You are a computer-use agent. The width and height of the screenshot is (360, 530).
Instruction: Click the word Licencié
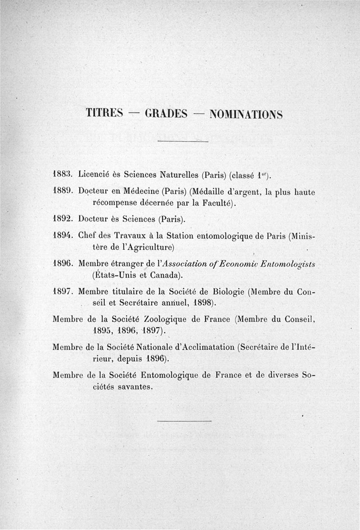(x=95, y=173)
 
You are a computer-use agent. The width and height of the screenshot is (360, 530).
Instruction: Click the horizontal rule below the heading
(x=184, y=142)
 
